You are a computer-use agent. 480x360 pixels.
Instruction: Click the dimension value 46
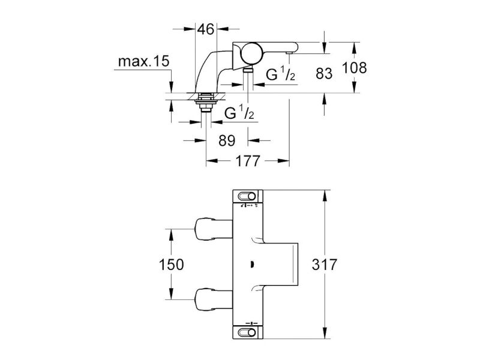point(206,29)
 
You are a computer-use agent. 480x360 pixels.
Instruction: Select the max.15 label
point(143,62)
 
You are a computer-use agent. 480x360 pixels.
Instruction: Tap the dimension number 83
point(324,74)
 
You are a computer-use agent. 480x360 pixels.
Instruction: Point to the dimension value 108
point(354,68)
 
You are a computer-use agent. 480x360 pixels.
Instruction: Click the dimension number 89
point(227,141)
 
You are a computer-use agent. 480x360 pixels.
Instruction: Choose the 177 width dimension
point(248,161)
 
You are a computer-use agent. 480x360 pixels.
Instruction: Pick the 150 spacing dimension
point(172,265)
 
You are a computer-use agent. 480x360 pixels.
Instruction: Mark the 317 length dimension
point(325,265)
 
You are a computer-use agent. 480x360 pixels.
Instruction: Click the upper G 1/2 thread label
point(280,74)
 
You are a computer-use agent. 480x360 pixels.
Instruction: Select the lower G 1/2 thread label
point(239,113)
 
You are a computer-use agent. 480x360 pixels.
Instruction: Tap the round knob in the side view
point(251,53)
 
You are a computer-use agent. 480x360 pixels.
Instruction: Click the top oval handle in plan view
point(248,196)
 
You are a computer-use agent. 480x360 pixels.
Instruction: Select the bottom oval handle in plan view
point(248,332)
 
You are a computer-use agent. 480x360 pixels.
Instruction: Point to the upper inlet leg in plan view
point(214,229)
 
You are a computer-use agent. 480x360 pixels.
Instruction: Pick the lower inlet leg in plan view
point(214,299)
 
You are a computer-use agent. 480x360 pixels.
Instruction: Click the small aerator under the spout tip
point(289,53)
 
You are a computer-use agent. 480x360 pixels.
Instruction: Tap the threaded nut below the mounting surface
point(205,103)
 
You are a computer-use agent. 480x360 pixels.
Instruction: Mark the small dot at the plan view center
point(251,264)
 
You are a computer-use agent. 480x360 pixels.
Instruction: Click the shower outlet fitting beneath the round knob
point(248,70)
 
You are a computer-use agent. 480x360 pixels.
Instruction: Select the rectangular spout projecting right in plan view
point(281,264)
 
